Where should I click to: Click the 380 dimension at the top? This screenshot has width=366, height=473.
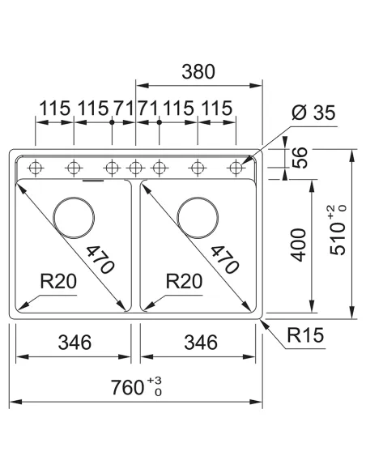pyautogui.click(x=198, y=71)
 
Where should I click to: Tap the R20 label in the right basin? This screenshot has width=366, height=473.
pyautogui.click(x=184, y=283)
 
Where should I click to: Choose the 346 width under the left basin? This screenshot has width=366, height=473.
pyautogui.click(x=74, y=343)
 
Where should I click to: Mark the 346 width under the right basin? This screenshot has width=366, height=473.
pyautogui.click(x=199, y=343)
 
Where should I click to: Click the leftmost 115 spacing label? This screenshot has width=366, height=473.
pyautogui.click(x=53, y=108)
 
